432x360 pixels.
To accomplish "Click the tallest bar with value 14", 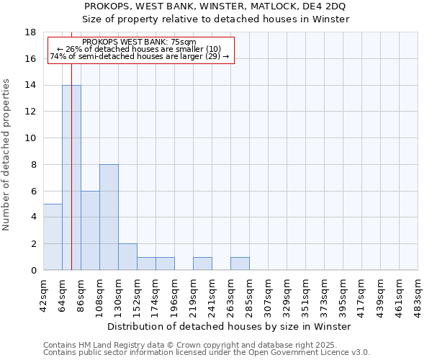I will (71, 178).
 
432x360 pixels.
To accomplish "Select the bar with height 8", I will (109, 217).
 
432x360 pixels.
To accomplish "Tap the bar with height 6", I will (90, 230).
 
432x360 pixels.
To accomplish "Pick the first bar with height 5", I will (53, 237).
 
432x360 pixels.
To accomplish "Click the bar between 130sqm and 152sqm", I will (127, 257).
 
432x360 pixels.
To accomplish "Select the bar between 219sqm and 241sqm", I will (202, 264).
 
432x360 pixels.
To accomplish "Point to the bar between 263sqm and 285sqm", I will (240, 264).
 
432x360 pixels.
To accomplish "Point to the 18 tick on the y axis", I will (30, 32).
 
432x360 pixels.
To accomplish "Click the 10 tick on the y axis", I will (30, 138).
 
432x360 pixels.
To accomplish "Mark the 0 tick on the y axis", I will (33, 271).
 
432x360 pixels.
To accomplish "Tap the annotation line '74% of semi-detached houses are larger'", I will (140, 56).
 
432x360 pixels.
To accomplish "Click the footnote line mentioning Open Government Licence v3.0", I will (207, 353).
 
